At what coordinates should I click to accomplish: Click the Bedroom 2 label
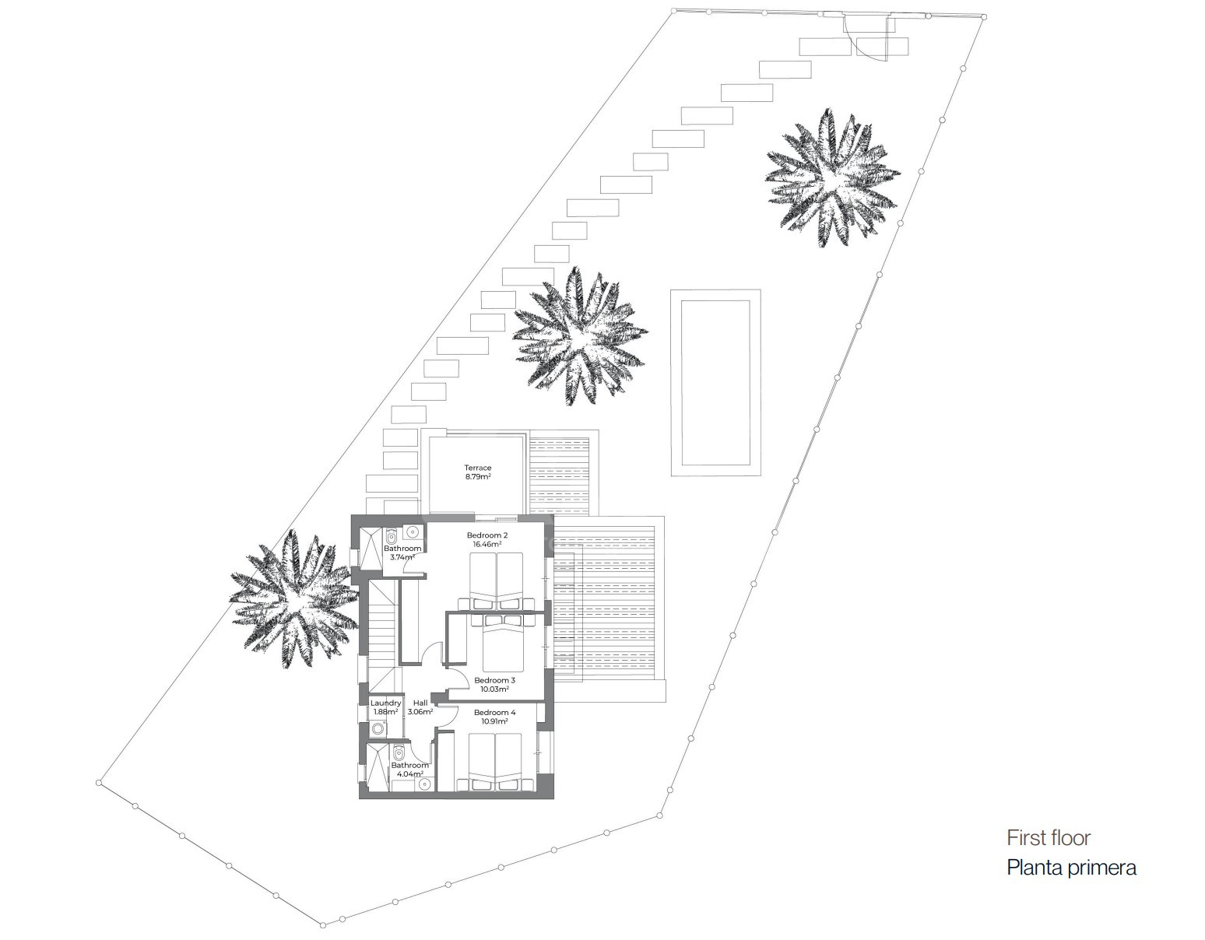[x=487, y=535]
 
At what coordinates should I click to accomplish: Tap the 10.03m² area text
[x=494, y=689]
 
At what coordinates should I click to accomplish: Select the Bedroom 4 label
[x=494, y=712]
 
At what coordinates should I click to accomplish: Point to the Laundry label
[x=385, y=703]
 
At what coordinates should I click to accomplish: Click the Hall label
[x=420, y=703]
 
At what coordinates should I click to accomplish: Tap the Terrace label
[x=478, y=468]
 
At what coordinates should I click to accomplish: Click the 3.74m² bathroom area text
[x=402, y=557]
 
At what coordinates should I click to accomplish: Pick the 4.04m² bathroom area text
[x=409, y=773]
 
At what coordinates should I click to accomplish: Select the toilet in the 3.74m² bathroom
[x=392, y=536]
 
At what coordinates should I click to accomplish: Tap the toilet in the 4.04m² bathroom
[x=399, y=753]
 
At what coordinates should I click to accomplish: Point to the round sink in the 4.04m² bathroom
[x=425, y=784]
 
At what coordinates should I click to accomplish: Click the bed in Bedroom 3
[x=503, y=641]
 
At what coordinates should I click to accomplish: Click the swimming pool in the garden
[x=715, y=383]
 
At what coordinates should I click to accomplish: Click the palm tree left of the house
[x=294, y=599]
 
